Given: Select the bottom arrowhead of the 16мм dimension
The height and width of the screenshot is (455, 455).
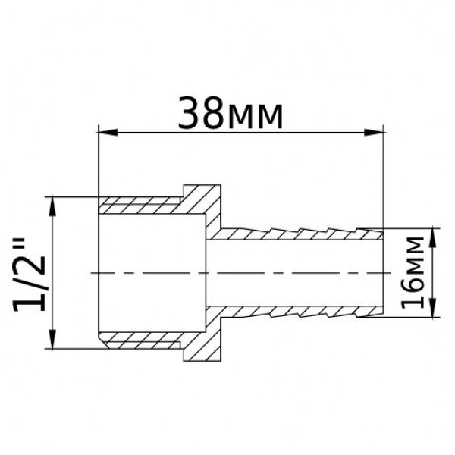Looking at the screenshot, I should pos(432,309).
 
